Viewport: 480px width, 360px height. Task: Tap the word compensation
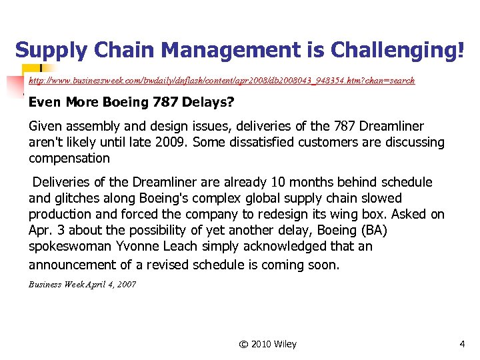69,158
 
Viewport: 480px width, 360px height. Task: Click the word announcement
73,264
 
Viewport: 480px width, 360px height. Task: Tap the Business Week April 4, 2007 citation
82,285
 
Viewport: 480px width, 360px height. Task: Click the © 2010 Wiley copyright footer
267,344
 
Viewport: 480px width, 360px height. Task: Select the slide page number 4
462,344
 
